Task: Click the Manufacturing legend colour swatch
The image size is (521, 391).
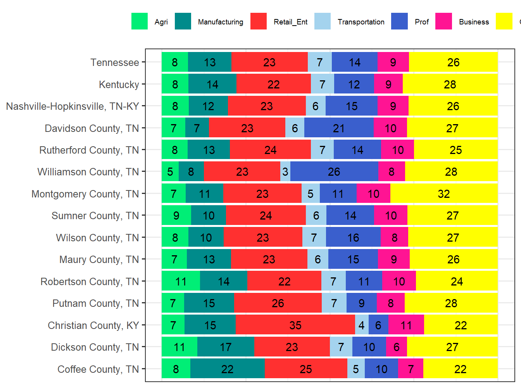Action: [183, 21]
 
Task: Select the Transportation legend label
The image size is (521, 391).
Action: [361, 22]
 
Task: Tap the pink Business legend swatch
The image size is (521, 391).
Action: [443, 21]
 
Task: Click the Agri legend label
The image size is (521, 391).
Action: [161, 22]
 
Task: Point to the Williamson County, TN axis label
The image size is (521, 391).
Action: [88, 172]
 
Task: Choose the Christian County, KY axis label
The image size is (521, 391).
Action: [93, 325]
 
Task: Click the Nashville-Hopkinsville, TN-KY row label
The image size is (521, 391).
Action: [72, 106]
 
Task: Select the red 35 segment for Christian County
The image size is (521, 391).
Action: [295, 325]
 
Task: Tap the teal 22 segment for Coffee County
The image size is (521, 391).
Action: [228, 369]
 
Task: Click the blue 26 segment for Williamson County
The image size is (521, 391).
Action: [334, 171]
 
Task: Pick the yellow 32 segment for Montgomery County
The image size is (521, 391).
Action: [444, 194]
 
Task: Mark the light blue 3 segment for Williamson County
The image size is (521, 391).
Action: [285, 171]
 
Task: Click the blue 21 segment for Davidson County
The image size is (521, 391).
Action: [339, 128]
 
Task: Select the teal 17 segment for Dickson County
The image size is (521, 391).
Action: [226, 347]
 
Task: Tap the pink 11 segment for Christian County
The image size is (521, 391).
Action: [406, 325]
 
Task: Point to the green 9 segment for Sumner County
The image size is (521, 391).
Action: [176, 215]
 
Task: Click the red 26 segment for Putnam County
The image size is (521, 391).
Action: [278, 303]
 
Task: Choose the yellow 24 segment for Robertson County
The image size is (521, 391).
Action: [457, 281]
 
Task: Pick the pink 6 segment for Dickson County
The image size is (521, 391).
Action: [396, 347]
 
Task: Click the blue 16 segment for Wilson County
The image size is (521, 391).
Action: [353, 237]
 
